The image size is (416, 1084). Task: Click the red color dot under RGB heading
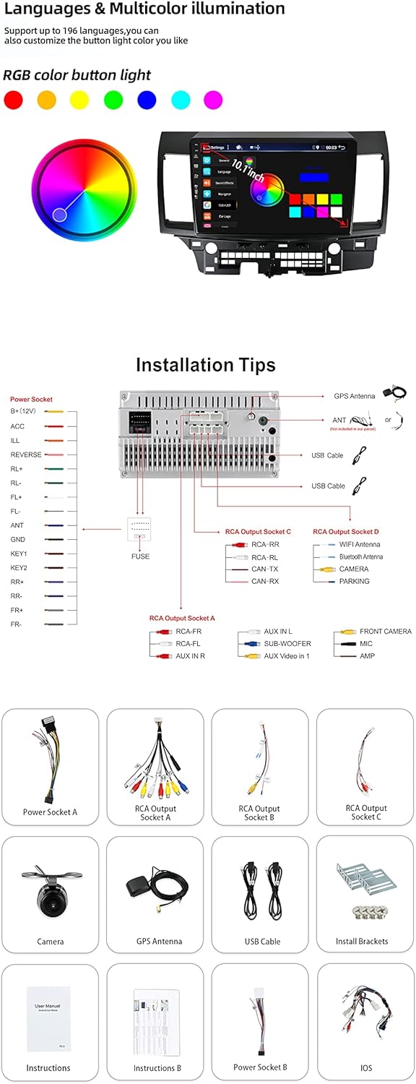point(13,100)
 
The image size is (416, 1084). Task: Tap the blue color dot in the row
point(147,100)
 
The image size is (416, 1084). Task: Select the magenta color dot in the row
point(213,100)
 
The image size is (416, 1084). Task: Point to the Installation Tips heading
point(206,365)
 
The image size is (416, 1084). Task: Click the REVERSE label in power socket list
point(26,455)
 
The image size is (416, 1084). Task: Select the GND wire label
point(18,540)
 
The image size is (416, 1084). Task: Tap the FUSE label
point(140,556)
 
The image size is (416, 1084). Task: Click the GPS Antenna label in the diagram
point(354,397)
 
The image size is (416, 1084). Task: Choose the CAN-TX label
point(264,569)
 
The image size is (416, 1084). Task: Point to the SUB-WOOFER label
point(287,643)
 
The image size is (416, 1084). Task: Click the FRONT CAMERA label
point(385,632)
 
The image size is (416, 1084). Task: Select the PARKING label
point(354,581)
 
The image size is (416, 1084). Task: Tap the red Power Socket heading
point(31,399)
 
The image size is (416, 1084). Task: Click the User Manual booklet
point(48,1019)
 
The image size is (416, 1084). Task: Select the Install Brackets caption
point(362,942)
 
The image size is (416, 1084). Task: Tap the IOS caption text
point(366,1067)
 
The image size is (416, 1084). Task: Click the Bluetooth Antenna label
point(361,557)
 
